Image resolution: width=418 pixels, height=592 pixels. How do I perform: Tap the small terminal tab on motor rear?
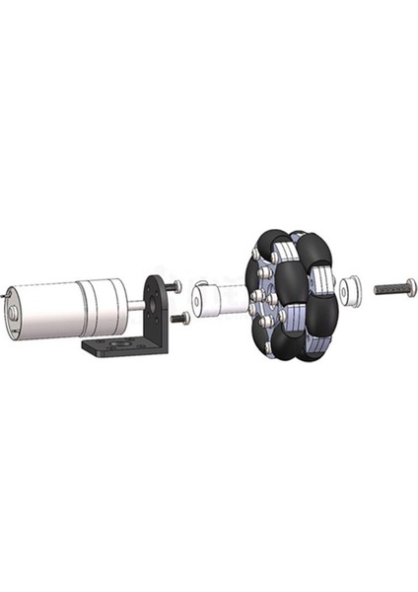pos(6,292)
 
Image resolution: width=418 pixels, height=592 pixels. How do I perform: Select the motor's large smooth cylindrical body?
pos(49,310)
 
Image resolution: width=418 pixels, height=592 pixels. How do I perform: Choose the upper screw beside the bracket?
pos(174,286)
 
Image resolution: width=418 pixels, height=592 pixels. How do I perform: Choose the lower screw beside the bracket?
pos(179,318)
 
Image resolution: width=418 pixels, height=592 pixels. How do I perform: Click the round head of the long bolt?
pos(411,287)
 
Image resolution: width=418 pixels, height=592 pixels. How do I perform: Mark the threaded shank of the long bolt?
pos(388,290)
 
